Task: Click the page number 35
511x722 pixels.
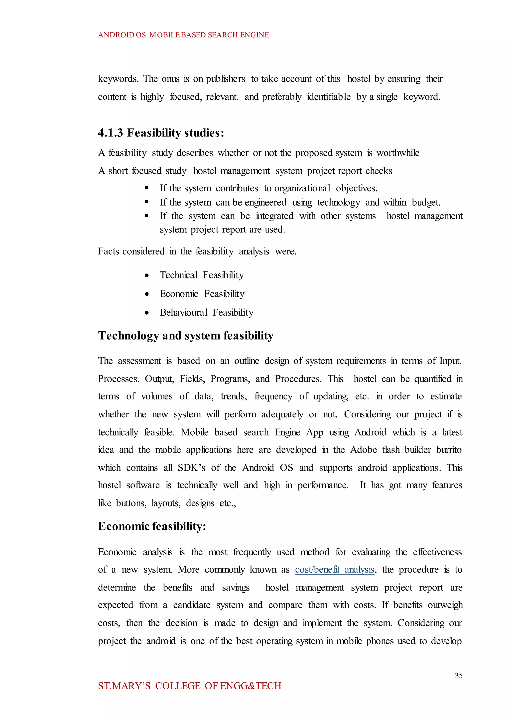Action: pyautogui.click(x=458, y=675)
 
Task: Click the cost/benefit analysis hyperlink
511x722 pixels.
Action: pyautogui.click(x=335, y=569)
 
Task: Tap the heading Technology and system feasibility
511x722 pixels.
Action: pyautogui.click(x=186, y=336)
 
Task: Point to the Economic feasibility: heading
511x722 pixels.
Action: pyautogui.click(x=152, y=526)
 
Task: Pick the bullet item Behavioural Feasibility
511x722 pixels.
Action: pyautogui.click(x=206, y=312)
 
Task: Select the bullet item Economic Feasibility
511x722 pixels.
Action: pyautogui.click(x=202, y=294)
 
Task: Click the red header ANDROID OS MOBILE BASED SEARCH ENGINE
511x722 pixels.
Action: pyautogui.click(x=183, y=35)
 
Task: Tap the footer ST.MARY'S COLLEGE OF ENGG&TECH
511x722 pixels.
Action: pyautogui.click(x=189, y=686)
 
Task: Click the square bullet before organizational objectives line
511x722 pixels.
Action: pyautogui.click(x=147, y=188)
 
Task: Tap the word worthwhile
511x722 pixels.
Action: pyautogui.click(x=398, y=153)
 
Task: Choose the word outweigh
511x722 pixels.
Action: pyautogui.click(x=445, y=605)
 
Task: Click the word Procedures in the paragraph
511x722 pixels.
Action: pyautogui.click(x=298, y=378)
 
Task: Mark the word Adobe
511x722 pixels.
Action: pyautogui.click(x=364, y=450)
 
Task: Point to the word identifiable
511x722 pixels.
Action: pyautogui.click(x=329, y=97)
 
